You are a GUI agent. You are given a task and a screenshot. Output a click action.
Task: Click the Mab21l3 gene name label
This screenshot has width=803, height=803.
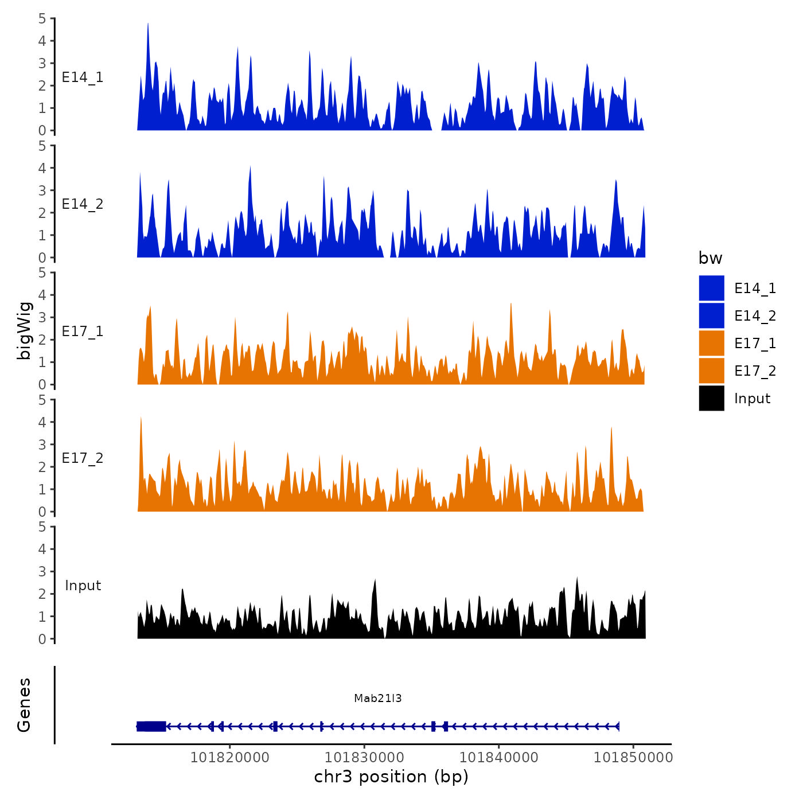pyautogui.click(x=377, y=698)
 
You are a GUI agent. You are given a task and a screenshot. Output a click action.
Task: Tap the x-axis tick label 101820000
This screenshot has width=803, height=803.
pyautogui.click(x=229, y=757)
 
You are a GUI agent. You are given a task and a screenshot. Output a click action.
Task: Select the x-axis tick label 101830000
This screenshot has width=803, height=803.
pyautogui.click(x=364, y=757)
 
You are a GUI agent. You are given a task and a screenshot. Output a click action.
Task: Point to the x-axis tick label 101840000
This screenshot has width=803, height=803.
pyautogui.click(x=499, y=757)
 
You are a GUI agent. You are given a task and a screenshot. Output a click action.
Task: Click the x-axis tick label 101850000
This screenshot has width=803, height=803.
pyautogui.click(x=633, y=757)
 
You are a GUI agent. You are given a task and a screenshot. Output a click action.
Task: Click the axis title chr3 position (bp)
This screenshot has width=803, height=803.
pyautogui.click(x=391, y=777)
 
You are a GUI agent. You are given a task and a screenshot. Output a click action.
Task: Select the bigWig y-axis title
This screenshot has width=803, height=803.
pyautogui.click(x=25, y=331)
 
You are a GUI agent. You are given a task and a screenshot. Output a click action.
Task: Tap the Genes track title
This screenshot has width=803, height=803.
pyautogui.click(x=25, y=705)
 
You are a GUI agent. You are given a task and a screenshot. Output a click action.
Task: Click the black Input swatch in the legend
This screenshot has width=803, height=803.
pyautogui.click(x=711, y=398)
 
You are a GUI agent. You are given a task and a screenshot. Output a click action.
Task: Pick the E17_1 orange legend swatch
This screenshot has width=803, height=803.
pyautogui.click(x=711, y=343)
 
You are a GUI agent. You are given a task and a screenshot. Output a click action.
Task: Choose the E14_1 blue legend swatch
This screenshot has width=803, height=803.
pyautogui.click(x=711, y=288)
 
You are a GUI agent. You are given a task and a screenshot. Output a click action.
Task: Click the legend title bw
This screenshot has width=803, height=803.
pyautogui.click(x=710, y=258)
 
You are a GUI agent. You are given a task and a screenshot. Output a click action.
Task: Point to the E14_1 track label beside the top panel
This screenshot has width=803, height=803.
pyautogui.click(x=83, y=77)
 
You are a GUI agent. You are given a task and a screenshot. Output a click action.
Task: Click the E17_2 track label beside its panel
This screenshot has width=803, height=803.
pyautogui.click(x=83, y=458)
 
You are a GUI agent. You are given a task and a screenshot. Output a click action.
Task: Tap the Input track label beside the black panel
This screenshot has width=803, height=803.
pyautogui.click(x=83, y=586)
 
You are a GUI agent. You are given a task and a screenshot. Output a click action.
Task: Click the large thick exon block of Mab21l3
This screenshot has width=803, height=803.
pyautogui.click(x=151, y=726)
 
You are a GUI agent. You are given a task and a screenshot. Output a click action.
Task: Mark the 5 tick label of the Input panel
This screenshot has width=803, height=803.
pyautogui.click(x=42, y=527)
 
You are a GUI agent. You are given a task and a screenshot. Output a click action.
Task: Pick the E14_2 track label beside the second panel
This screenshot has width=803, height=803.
pyautogui.click(x=83, y=204)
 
